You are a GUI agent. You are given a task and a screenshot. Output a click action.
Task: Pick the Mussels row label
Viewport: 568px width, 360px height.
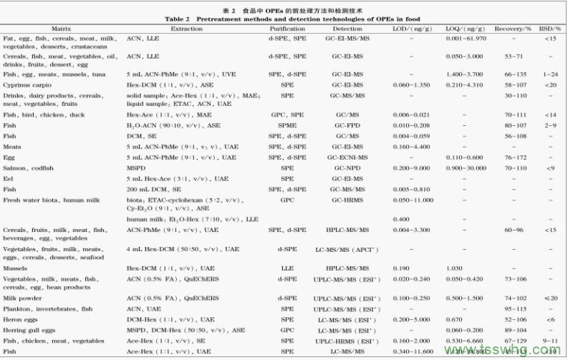[16, 268]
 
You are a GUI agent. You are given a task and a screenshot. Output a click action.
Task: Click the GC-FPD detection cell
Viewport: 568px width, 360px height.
[347, 125]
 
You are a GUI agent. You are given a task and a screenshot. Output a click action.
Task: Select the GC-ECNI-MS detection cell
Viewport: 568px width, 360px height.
[347, 157]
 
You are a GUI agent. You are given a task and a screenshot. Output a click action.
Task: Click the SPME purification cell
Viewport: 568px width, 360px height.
[287, 125]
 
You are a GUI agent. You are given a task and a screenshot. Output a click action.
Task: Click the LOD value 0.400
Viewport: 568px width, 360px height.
[401, 218]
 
